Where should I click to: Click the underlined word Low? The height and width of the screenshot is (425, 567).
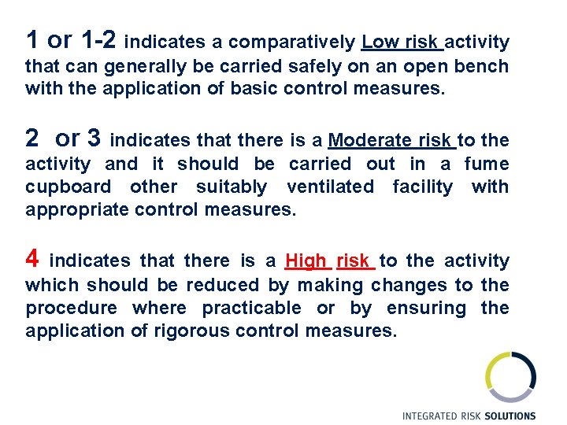point(380,42)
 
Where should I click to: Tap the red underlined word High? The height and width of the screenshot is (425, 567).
point(306,261)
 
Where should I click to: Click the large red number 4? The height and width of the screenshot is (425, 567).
point(32,258)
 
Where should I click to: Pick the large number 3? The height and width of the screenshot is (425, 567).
point(94,139)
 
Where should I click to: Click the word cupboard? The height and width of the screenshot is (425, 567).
point(70,187)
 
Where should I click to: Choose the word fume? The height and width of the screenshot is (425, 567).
point(487,164)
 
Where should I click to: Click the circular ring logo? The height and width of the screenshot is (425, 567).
point(510,377)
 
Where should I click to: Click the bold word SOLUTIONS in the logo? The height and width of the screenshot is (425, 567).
point(510,416)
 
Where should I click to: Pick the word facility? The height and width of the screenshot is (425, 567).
point(422,187)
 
